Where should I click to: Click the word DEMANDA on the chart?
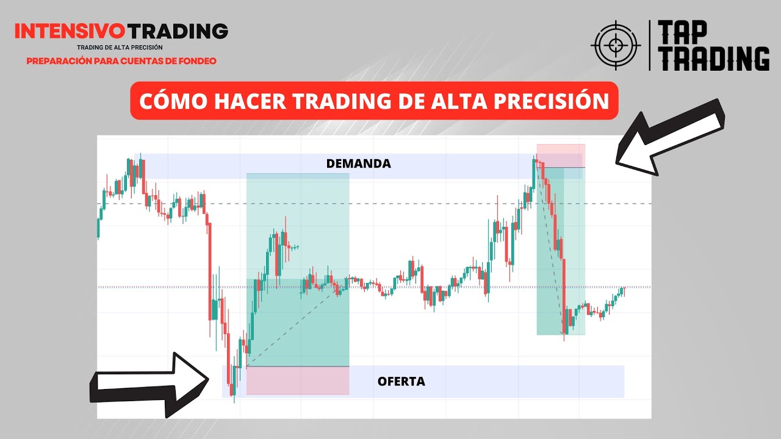358,163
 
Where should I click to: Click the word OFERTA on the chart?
401,382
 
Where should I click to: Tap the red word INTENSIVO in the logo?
70,31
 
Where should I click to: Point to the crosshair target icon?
616,45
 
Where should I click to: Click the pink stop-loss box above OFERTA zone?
298,380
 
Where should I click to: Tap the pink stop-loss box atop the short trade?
561,155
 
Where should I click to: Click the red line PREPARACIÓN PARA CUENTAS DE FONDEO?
121,61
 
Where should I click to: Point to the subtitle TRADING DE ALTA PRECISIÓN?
120,47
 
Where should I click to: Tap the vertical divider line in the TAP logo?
649,45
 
